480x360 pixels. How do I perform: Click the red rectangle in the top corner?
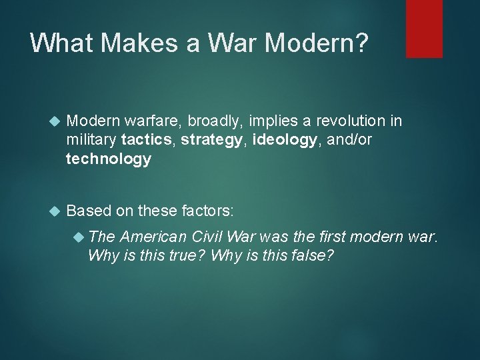point(424,28)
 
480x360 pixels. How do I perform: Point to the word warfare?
point(155,121)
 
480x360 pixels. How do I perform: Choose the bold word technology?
point(109,159)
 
